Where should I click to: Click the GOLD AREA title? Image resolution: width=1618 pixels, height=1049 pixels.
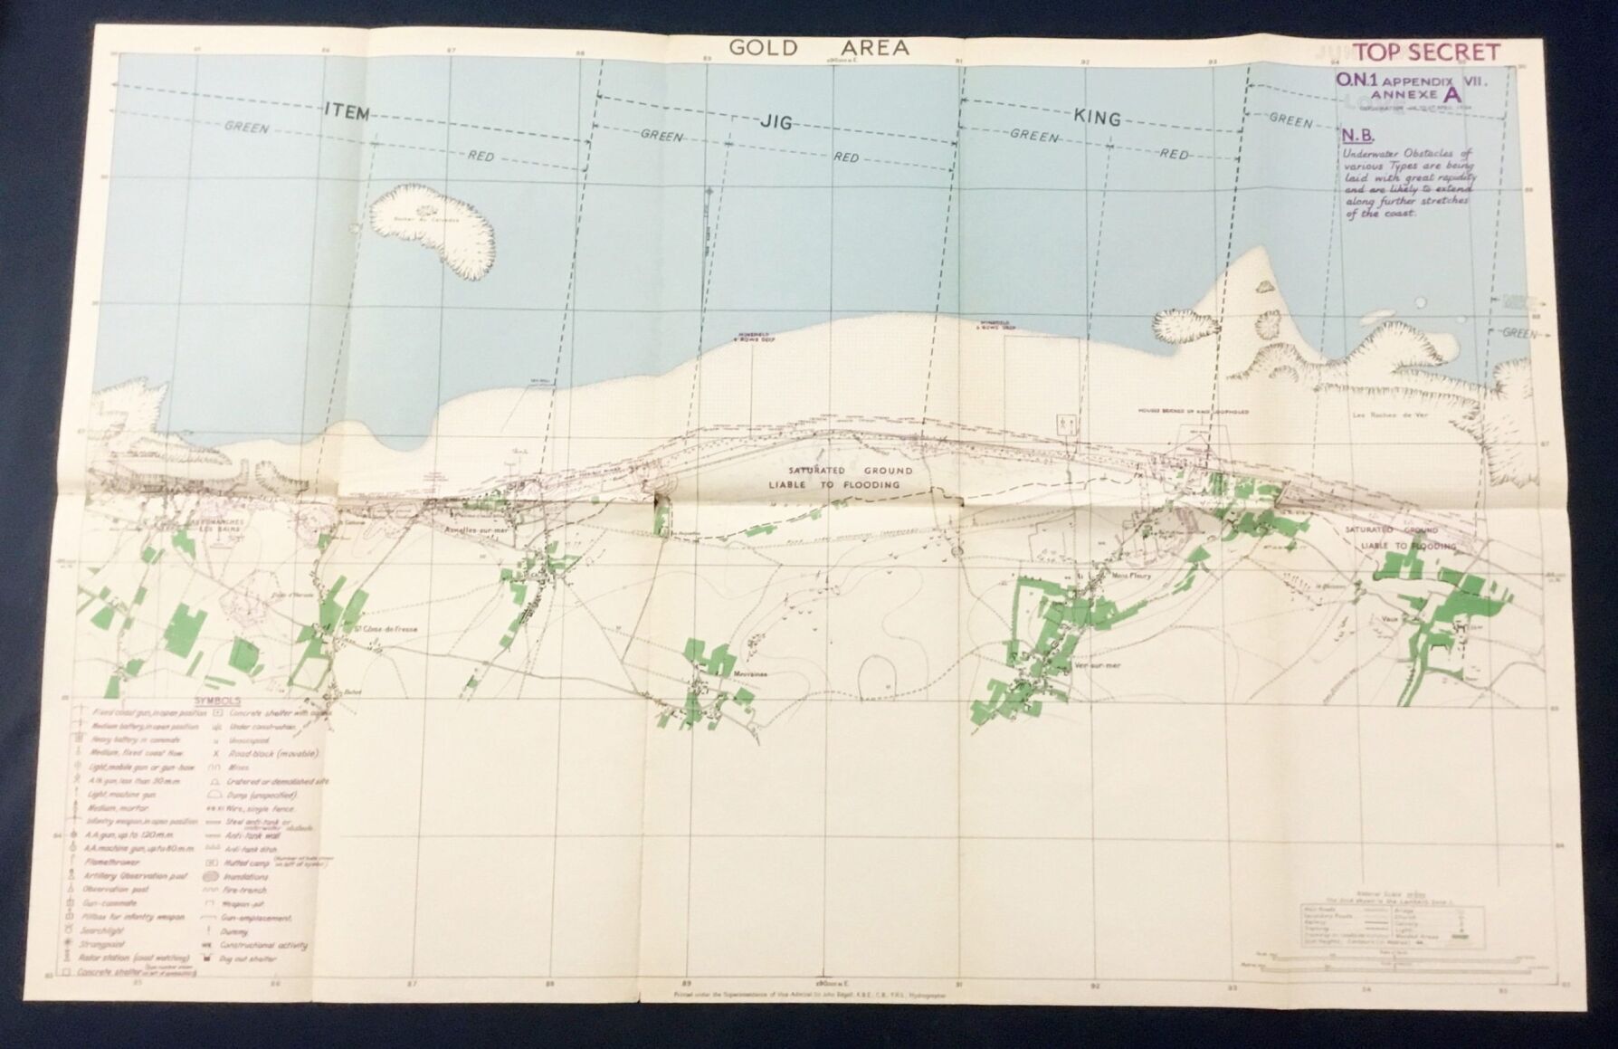(818, 48)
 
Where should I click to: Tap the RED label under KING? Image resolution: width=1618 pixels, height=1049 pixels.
(1175, 155)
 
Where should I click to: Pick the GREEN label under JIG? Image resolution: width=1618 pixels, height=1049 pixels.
(661, 136)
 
